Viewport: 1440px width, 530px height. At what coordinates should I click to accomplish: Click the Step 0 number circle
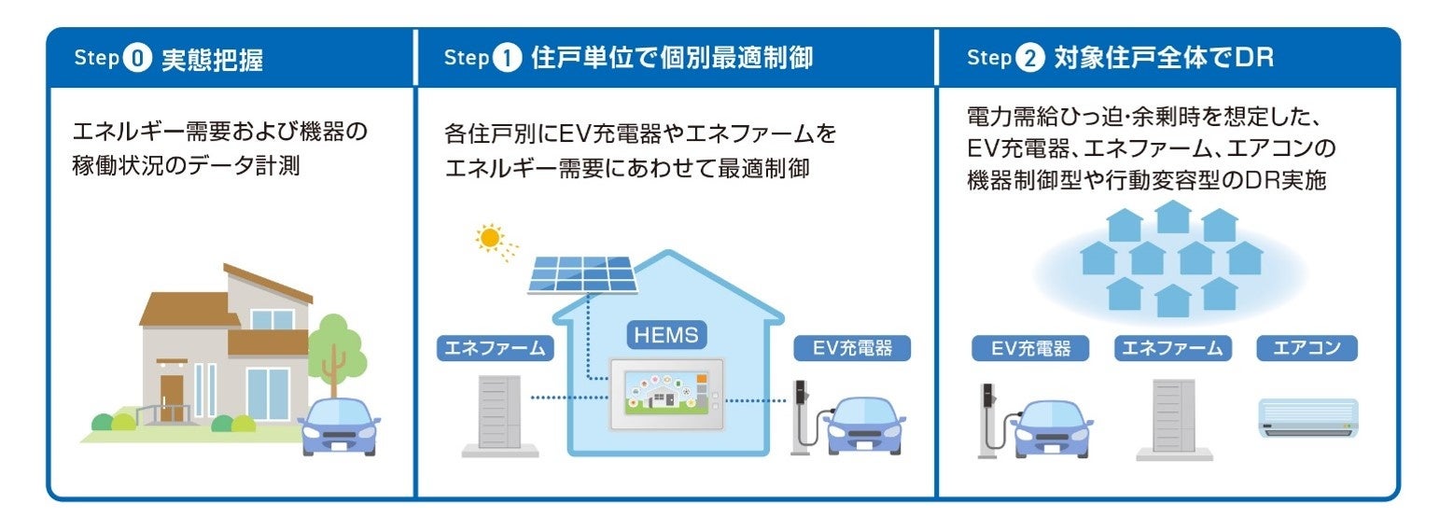136,59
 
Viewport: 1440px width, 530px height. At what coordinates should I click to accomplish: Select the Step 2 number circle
1028,59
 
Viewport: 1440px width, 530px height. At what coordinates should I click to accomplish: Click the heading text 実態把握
212,60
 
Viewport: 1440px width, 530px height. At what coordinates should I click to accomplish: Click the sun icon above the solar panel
488,238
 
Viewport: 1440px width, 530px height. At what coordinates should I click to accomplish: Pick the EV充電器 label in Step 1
852,349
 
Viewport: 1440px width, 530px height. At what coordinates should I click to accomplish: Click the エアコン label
1306,349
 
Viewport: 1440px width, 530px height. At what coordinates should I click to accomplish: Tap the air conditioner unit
1307,417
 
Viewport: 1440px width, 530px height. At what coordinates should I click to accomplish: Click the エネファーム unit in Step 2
1173,417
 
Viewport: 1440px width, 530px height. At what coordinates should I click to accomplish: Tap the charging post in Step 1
801,415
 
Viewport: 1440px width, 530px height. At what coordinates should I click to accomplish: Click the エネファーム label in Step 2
1172,349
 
